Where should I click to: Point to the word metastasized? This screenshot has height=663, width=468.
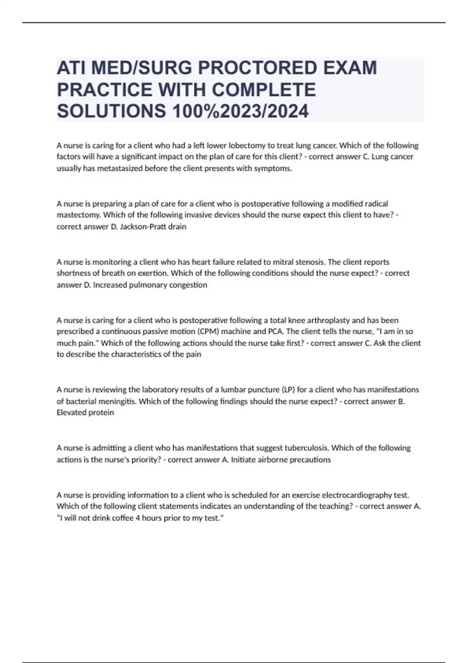point(120,168)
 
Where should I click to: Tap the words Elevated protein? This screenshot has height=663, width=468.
point(85,413)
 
